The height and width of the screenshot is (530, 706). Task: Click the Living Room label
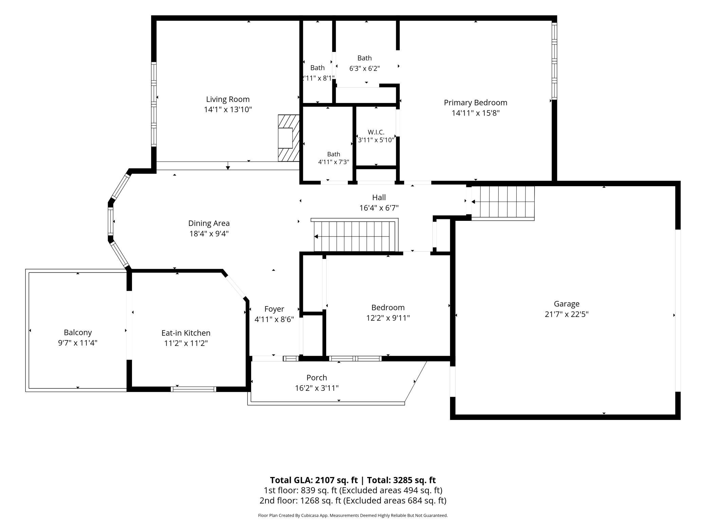click(x=228, y=99)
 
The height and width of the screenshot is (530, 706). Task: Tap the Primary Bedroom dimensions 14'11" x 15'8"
click(x=476, y=113)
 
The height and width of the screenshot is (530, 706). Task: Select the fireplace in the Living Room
click(x=289, y=138)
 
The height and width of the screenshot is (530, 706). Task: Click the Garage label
click(x=566, y=304)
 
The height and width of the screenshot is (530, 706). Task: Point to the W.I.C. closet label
click(x=376, y=132)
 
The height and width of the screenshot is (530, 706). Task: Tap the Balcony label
click(x=78, y=332)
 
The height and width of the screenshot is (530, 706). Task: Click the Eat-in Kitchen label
click(x=186, y=333)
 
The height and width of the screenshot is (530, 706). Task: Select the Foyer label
click(x=274, y=309)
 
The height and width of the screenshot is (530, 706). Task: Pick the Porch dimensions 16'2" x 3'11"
click(x=317, y=388)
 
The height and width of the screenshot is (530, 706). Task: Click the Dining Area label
click(x=209, y=223)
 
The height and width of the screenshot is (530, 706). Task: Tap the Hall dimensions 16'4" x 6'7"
click(x=379, y=208)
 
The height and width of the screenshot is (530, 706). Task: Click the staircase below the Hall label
click(x=354, y=235)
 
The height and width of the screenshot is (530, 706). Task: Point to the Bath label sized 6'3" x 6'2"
click(x=365, y=58)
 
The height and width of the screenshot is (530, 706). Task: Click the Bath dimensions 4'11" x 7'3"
click(x=333, y=162)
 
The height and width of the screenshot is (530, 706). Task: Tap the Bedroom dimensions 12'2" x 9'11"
click(x=388, y=318)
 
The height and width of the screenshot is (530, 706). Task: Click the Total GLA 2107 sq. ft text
click(x=314, y=480)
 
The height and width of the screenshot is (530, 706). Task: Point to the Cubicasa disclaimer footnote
click(x=353, y=515)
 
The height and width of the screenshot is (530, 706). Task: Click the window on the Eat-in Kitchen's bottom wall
click(x=193, y=389)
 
